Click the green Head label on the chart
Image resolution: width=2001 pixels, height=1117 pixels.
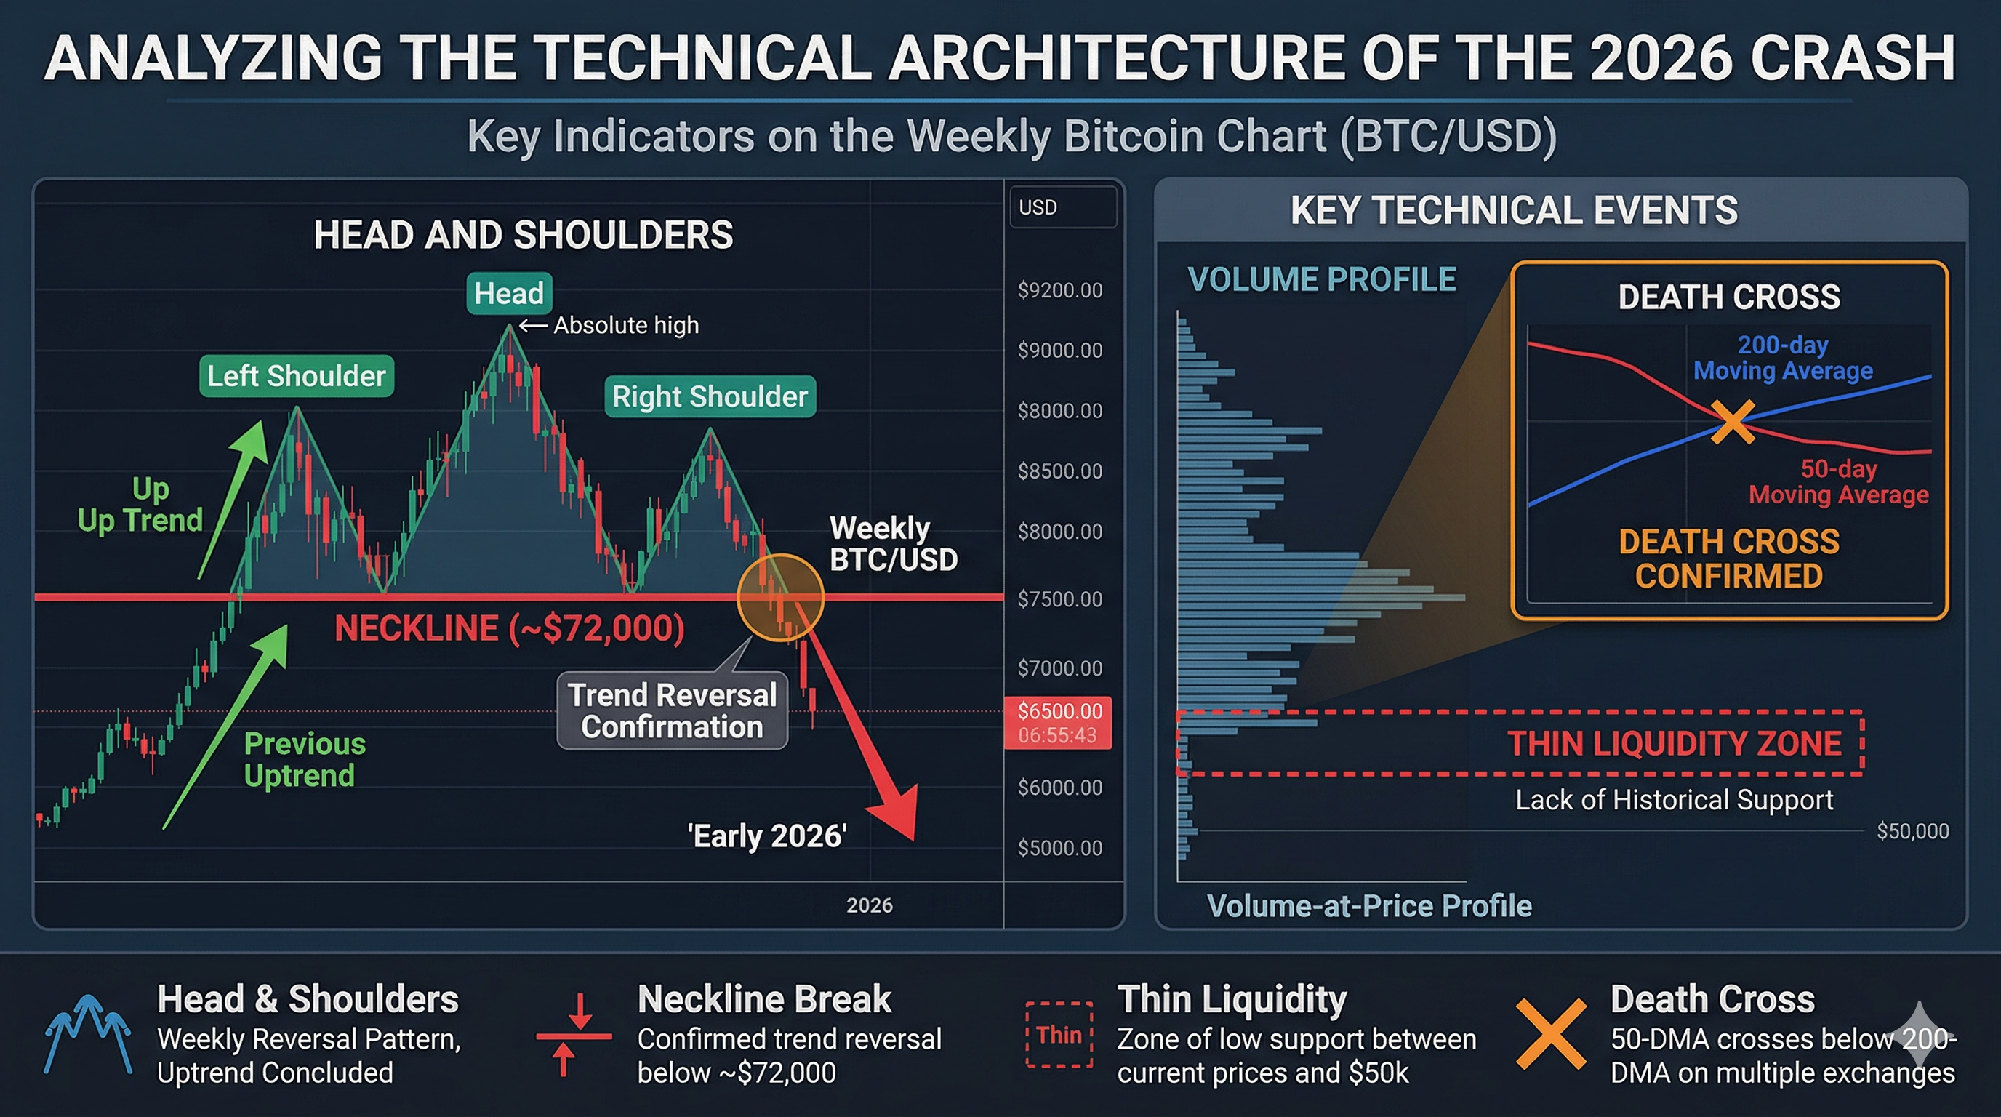coord(509,294)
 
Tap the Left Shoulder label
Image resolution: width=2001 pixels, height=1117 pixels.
coord(296,376)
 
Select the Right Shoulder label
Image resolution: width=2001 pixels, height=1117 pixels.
coord(709,396)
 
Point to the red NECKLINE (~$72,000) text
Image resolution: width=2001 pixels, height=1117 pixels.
coord(509,628)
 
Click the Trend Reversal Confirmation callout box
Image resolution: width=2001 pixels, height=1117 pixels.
coord(672,710)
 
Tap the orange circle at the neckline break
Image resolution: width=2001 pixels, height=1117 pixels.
coord(780,597)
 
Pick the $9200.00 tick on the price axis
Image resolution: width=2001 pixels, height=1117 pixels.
coord(1059,290)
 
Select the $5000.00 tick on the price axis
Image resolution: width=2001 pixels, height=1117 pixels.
coord(1059,847)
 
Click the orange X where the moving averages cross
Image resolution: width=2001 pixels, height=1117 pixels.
coord(1732,422)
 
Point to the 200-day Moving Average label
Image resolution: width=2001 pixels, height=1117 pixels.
coord(1783,357)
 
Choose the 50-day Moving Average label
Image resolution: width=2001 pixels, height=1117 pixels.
coord(1839,481)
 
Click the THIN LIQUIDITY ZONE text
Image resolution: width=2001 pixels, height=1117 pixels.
coord(1674,743)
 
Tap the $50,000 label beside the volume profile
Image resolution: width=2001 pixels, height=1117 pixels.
coord(1912,831)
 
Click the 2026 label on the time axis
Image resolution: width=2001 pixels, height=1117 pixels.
coord(869,905)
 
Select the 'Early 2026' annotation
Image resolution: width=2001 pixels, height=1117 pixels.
coord(766,836)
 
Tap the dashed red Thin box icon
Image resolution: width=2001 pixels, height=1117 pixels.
coord(1059,1035)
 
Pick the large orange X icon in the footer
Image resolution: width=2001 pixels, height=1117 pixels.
coord(1550,1034)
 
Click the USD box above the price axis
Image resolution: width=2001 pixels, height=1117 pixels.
coord(1062,207)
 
